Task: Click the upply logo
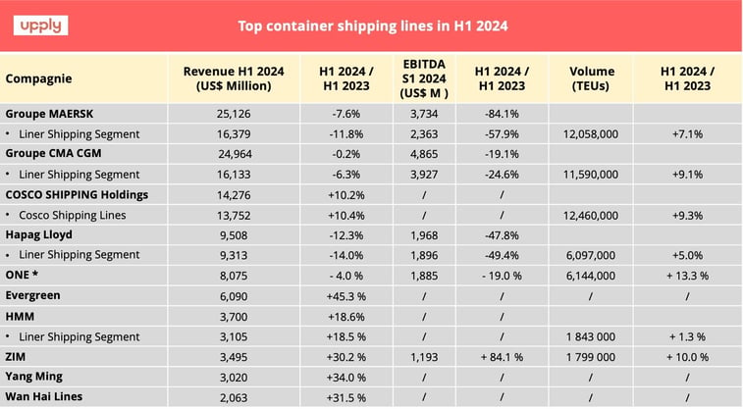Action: tap(40, 25)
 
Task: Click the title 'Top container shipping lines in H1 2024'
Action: tap(373, 26)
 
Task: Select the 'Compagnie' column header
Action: tap(39, 77)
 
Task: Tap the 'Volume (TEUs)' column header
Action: tap(592, 77)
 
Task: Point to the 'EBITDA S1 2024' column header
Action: tap(423, 77)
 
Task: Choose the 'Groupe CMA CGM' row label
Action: tap(54, 153)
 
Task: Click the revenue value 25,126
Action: tap(233, 113)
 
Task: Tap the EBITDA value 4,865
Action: tap(423, 153)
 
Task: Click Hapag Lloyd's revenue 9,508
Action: tap(233, 234)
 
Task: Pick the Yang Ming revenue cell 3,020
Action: tap(233, 376)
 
